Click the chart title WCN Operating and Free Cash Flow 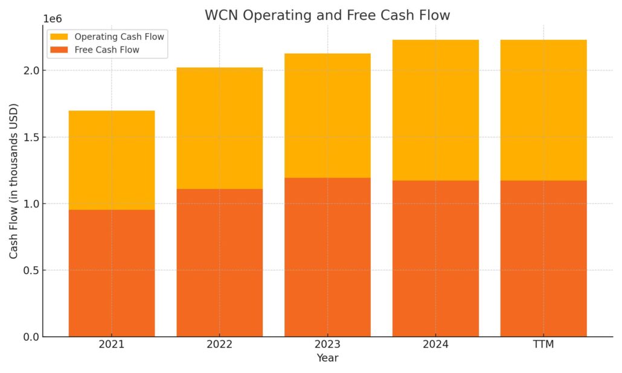tap(327, 15)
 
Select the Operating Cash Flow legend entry tap(107, 37)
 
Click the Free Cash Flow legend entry tap(95, 50)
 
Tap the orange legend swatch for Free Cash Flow tap(59, 50)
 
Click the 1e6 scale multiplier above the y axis tap(53, 19)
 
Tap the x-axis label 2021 tap(112, 345)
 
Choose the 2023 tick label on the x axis tap(327, 345)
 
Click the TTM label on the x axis tap(543, 345)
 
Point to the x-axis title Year tap(327, 358)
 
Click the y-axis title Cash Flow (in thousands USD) tap(14, 181)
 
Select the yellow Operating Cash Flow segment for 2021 tap(112, 160)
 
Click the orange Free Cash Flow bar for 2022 tap(219, 263)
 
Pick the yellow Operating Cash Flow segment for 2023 tap(327, 116)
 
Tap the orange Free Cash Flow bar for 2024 tap(435, 259)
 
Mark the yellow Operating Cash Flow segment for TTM tap(543, 110)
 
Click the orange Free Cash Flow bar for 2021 tap(112, 273)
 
